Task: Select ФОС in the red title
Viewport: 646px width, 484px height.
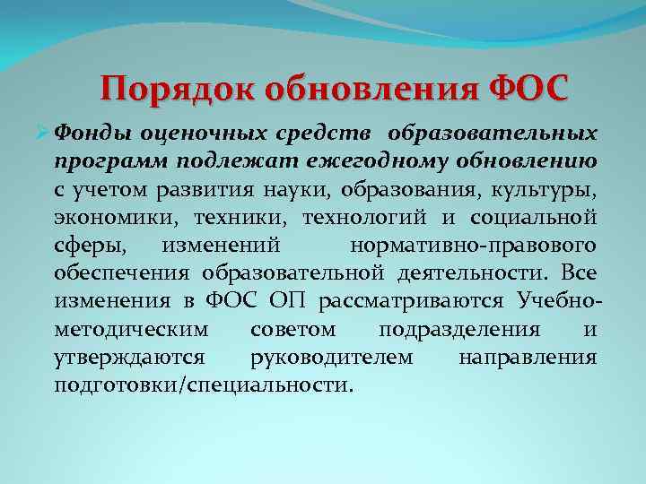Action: point(528,90)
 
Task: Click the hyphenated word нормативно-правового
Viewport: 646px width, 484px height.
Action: point(473,246)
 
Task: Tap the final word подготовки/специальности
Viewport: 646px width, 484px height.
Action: point(204,385)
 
